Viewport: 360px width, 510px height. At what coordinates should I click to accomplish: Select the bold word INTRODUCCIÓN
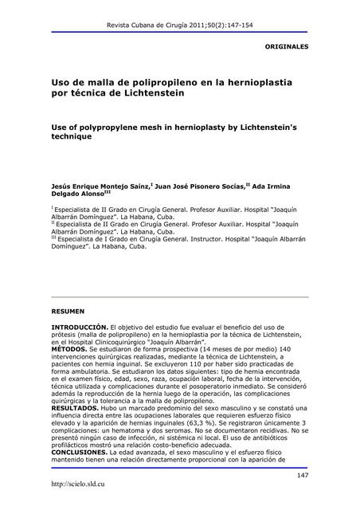coord(78,328)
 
